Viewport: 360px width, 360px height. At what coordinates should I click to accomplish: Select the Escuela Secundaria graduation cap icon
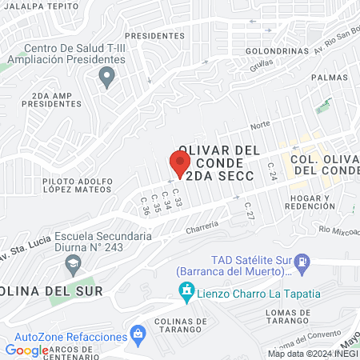(x=73, y=264)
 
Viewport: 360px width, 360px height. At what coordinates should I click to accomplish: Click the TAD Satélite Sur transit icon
(x=302, y=261)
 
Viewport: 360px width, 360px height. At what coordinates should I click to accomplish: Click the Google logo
(x=27, y=350)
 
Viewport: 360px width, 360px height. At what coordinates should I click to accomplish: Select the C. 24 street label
(x=271, y=170)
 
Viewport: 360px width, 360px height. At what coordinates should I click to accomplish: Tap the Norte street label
(x=260, y=125)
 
